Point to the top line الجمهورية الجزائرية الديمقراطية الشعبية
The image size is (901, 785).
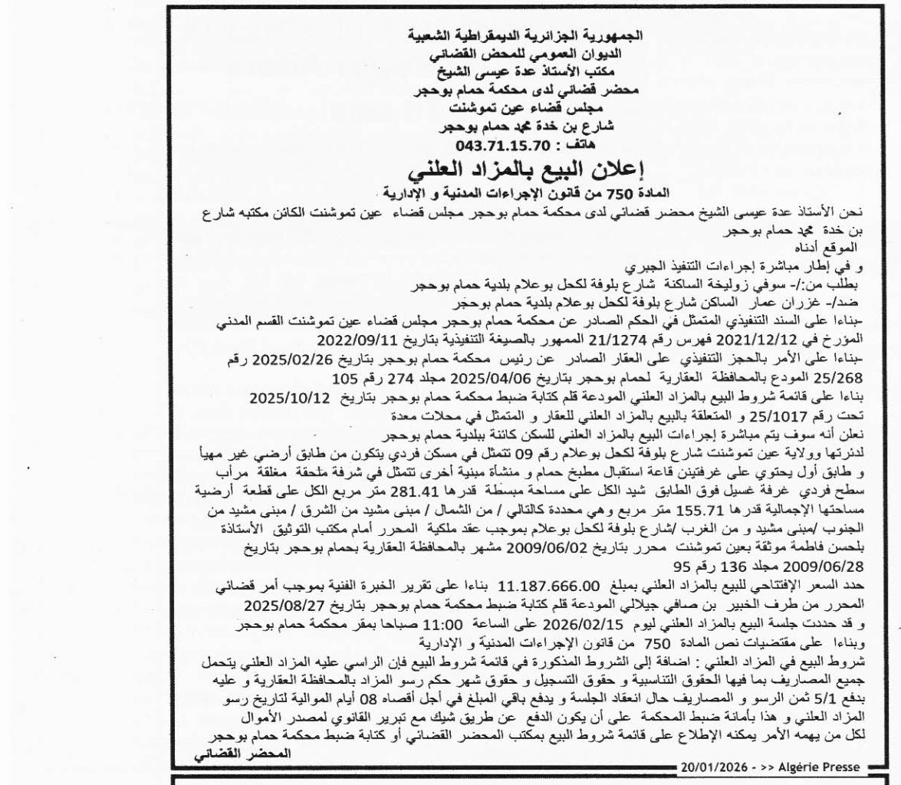click(x=524, y=34)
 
